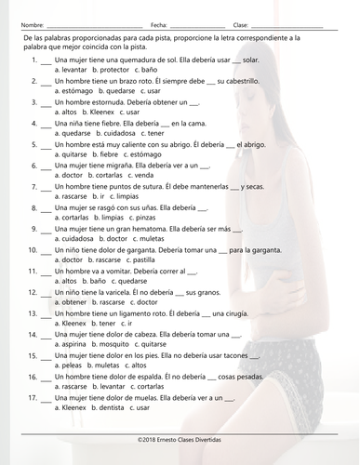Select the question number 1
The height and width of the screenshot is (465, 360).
coord(33,60)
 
